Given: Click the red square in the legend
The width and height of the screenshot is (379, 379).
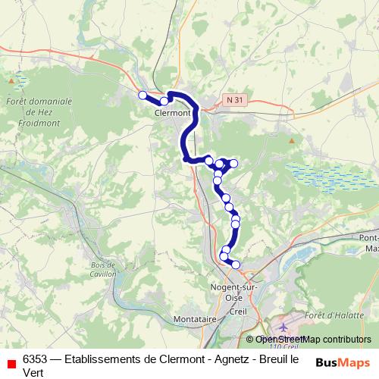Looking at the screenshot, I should point(11,363).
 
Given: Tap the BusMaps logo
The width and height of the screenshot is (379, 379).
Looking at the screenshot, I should point(343,362).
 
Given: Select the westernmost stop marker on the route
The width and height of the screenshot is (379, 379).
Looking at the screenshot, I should point(142,95).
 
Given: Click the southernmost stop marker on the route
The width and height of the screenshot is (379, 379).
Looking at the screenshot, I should point(236,265).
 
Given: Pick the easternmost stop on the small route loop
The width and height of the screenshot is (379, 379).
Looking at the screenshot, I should point(233,164).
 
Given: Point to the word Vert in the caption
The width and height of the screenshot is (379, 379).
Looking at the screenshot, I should point(34,372).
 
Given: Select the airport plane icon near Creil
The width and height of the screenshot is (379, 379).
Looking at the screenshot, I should point(282,327).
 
